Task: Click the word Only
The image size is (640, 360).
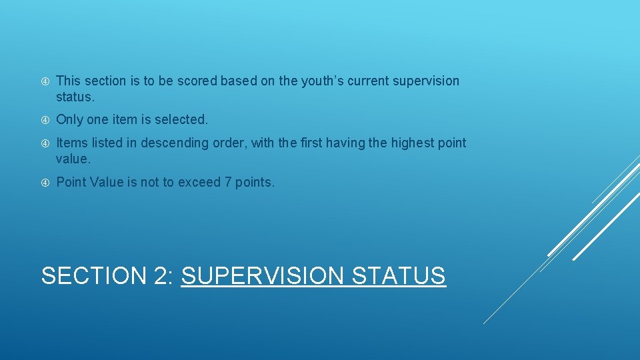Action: click(71, 119)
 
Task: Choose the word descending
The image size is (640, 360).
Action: click(176, 143)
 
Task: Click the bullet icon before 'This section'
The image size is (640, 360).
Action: click(45, 81)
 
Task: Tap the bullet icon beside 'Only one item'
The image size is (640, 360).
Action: click(45, 120)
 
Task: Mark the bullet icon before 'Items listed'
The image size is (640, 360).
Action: click(45, 143)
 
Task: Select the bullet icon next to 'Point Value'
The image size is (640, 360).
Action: click(45, 183)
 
